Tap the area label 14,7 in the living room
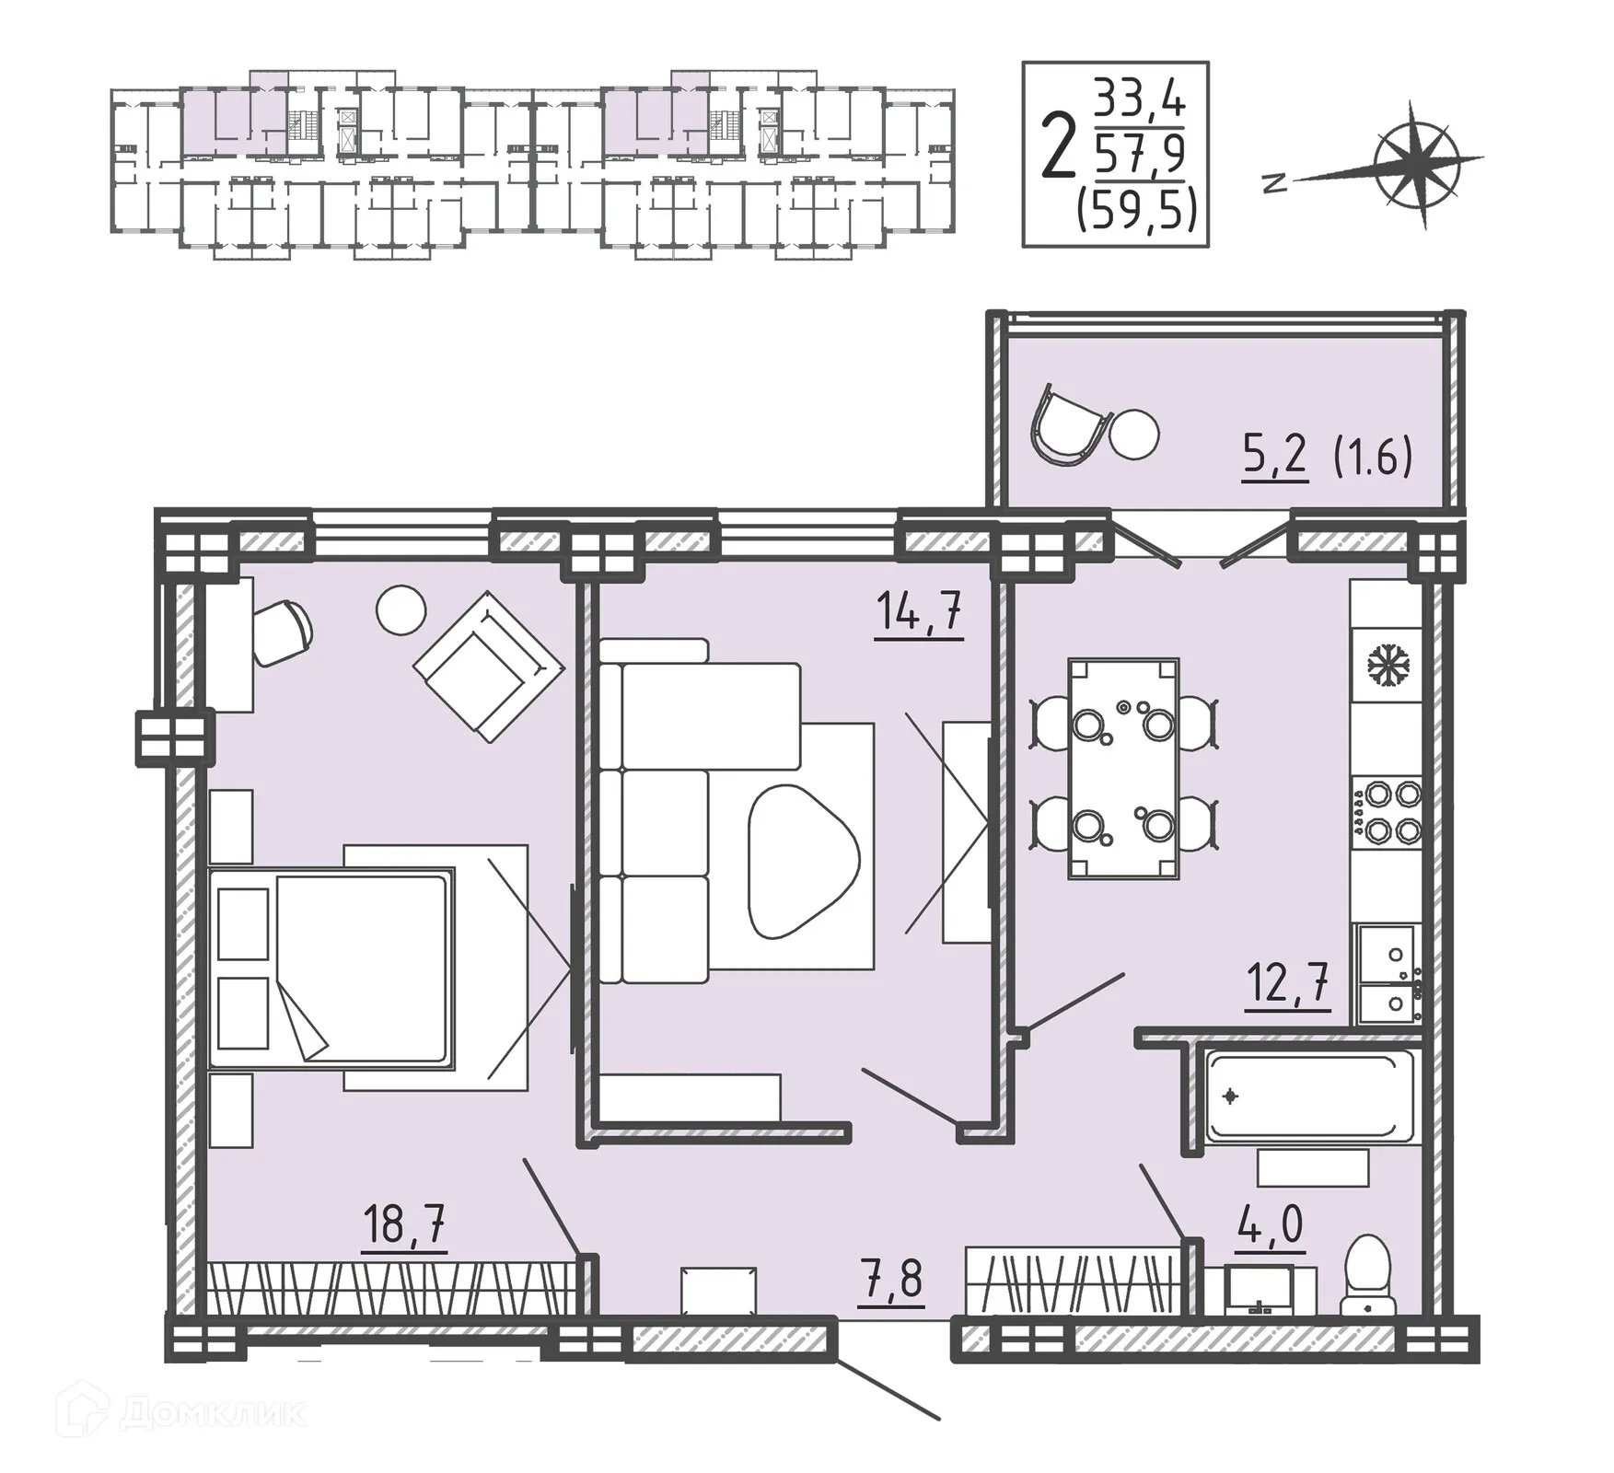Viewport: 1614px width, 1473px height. click(919, 610)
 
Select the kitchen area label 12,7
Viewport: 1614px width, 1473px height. click(1287, 983)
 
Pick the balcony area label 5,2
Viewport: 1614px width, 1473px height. click(1275, 455)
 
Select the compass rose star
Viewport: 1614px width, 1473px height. click(1415, 164)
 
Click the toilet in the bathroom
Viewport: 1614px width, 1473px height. click(1367, 1275)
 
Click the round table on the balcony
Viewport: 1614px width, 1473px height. click(1134, 433)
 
